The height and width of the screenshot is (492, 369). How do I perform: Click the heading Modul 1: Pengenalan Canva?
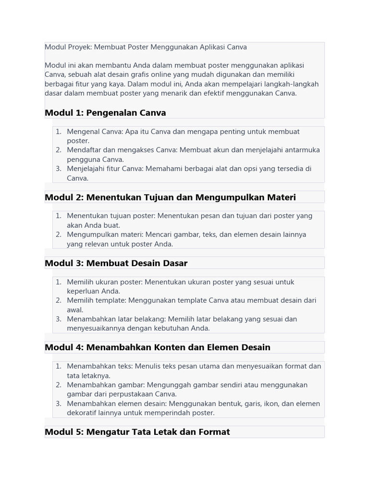(105, 113)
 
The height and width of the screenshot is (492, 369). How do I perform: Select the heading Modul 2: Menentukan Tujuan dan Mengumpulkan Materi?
(170, 197)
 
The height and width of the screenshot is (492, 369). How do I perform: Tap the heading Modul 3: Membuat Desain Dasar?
(116, 263)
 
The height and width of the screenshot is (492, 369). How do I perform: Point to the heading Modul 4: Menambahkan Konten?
(157, 347)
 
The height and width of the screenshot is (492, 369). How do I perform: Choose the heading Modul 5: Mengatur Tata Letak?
(137, 432)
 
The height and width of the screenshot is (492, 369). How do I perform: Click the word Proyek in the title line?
(80, 47)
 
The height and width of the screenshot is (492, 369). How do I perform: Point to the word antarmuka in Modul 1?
(302, 150)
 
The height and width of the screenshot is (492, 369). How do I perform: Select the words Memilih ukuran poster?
(104, 282)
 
